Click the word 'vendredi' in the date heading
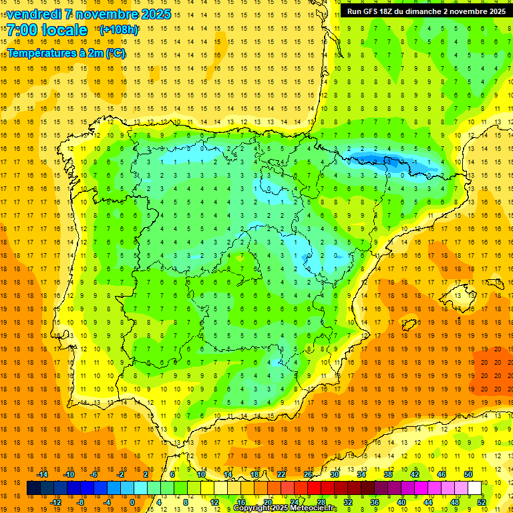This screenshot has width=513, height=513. tap(32, 14)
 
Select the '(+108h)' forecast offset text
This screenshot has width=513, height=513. tap(119, 30)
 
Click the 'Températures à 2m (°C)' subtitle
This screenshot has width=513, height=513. tap(66, 53)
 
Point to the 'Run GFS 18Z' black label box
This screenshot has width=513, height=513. tap(426, 11)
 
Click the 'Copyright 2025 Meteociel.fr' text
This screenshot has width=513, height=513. tap(285, 508)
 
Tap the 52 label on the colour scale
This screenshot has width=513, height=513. tap(482, 502)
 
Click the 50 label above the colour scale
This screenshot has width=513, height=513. tap(468, 474)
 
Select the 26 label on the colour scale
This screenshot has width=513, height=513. tap(308, 474)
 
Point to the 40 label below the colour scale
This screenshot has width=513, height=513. tap(401, 502)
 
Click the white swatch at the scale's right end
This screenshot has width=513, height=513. tap(474, 488)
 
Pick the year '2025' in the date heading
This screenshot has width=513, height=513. tap(155, 14)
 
